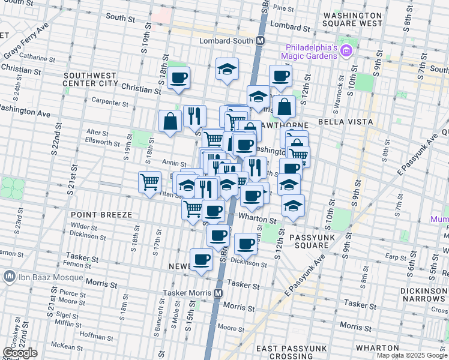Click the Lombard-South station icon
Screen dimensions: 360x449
[261, 41]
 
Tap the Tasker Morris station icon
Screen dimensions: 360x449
[218, 293]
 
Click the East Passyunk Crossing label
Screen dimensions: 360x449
[292, 352]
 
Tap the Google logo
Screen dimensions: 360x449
[20, 353]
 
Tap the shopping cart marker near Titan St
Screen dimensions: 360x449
[149, 181]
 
